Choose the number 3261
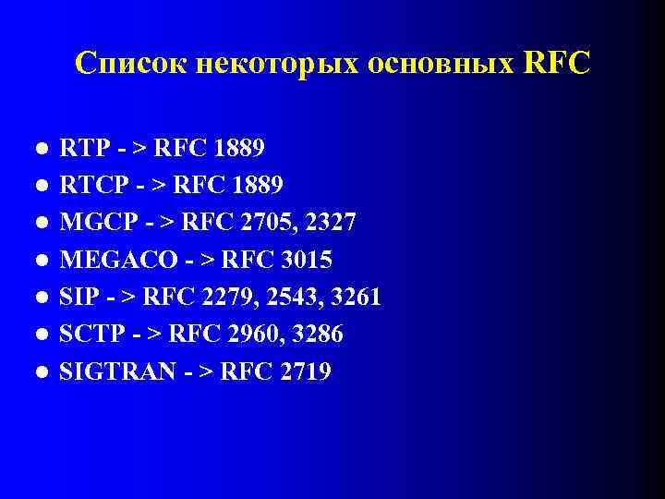tap(355, 297)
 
